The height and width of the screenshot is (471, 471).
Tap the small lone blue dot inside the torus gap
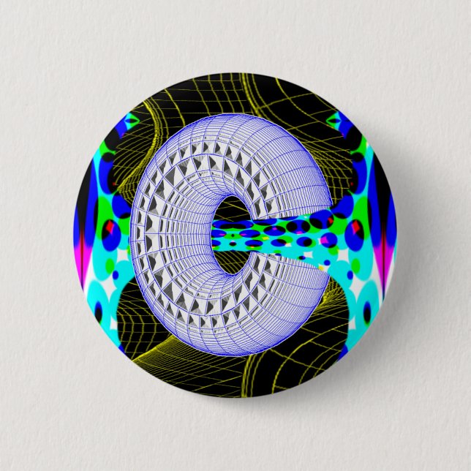pos(327,262)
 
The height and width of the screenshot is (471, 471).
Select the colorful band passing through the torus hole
pos(271,234)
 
